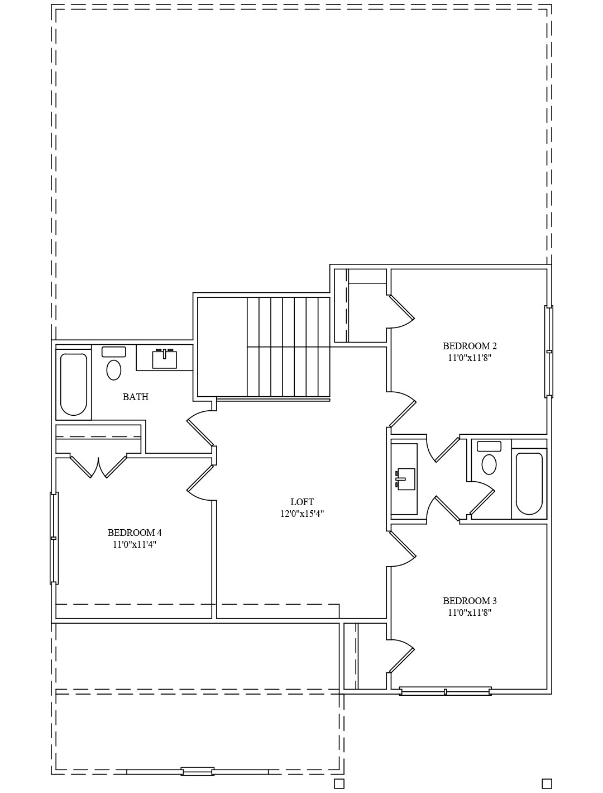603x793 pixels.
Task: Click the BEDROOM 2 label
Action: [x=470, y=346]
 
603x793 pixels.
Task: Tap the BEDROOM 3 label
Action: [x=470, y=601]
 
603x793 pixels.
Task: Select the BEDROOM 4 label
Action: [x=135, y=533]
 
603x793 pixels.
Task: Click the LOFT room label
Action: [x=302, y=502]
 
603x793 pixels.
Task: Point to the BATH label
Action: [x=135, y=397]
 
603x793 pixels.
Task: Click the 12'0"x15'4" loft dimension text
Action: [x=302, y=514]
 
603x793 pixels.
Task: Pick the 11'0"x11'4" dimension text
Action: [x=135, y=544]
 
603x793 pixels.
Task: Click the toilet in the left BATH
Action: [x=114, y=363]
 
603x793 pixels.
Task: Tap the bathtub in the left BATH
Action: [x=74, y=384]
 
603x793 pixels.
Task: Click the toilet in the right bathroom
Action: [x=489, y=458]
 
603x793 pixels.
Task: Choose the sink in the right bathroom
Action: [x=405, y=479]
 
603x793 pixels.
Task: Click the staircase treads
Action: [x=288, y=347]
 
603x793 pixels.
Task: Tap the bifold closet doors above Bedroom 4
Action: [x=98, y=467]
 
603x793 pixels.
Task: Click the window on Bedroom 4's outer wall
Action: [x=54, y=538]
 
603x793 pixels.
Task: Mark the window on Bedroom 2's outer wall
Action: [x=549, y=352]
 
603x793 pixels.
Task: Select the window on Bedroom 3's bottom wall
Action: [x=446, y=691]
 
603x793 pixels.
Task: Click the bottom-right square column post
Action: [x=547, y=783]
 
